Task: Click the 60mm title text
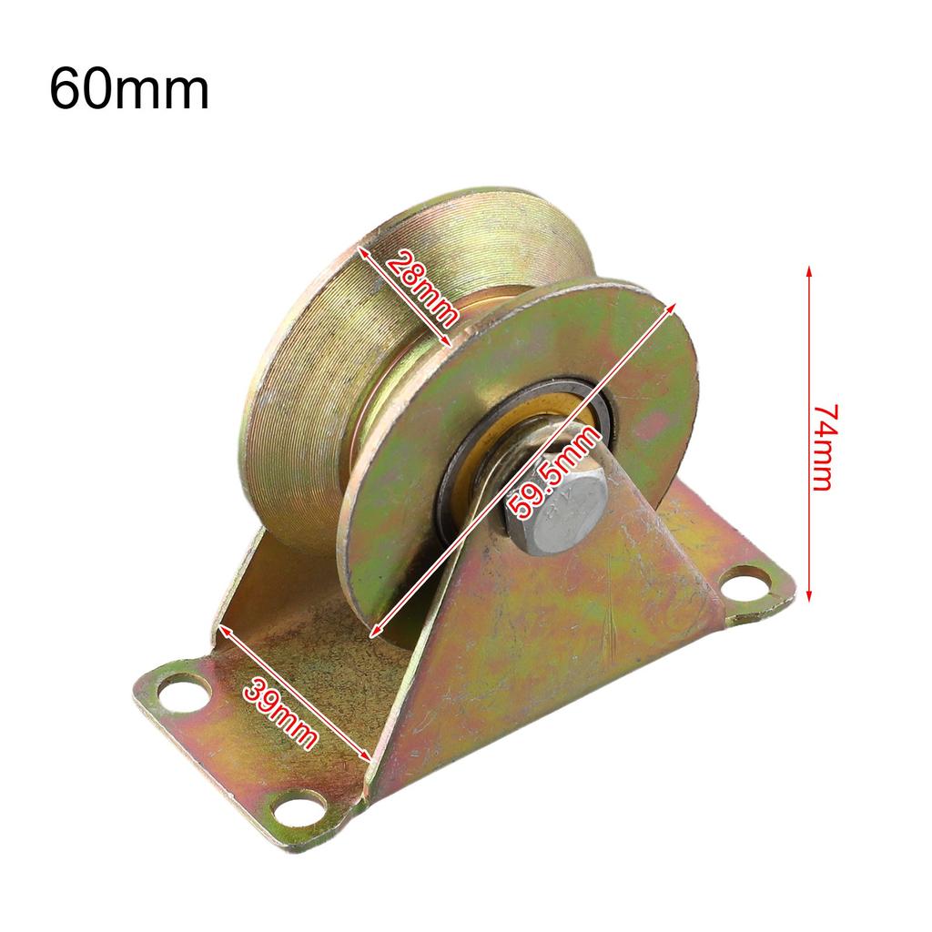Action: (129, 89)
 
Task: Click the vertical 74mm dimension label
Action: (823, 447)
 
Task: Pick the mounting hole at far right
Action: (746, 580)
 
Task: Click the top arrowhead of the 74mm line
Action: (809, 270)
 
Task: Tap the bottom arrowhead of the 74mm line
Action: (809, 598)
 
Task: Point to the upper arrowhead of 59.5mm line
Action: (673, 307)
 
